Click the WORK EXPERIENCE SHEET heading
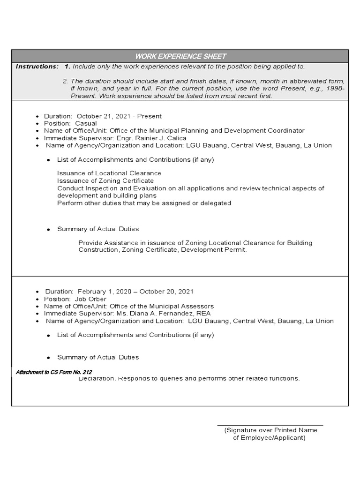(x=180, y=57)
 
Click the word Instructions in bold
(x=37, y=67)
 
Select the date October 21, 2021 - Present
(x=119, y=116)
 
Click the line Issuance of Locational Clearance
(x=109, y=173)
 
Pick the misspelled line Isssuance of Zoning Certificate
(x=105, y=180)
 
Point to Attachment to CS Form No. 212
(x=54, y=372)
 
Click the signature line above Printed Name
(x=270, y=425)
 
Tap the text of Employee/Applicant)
(x=269, y=438)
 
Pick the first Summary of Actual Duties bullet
(x=97, y=229)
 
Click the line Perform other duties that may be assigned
(x=144, y=203)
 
